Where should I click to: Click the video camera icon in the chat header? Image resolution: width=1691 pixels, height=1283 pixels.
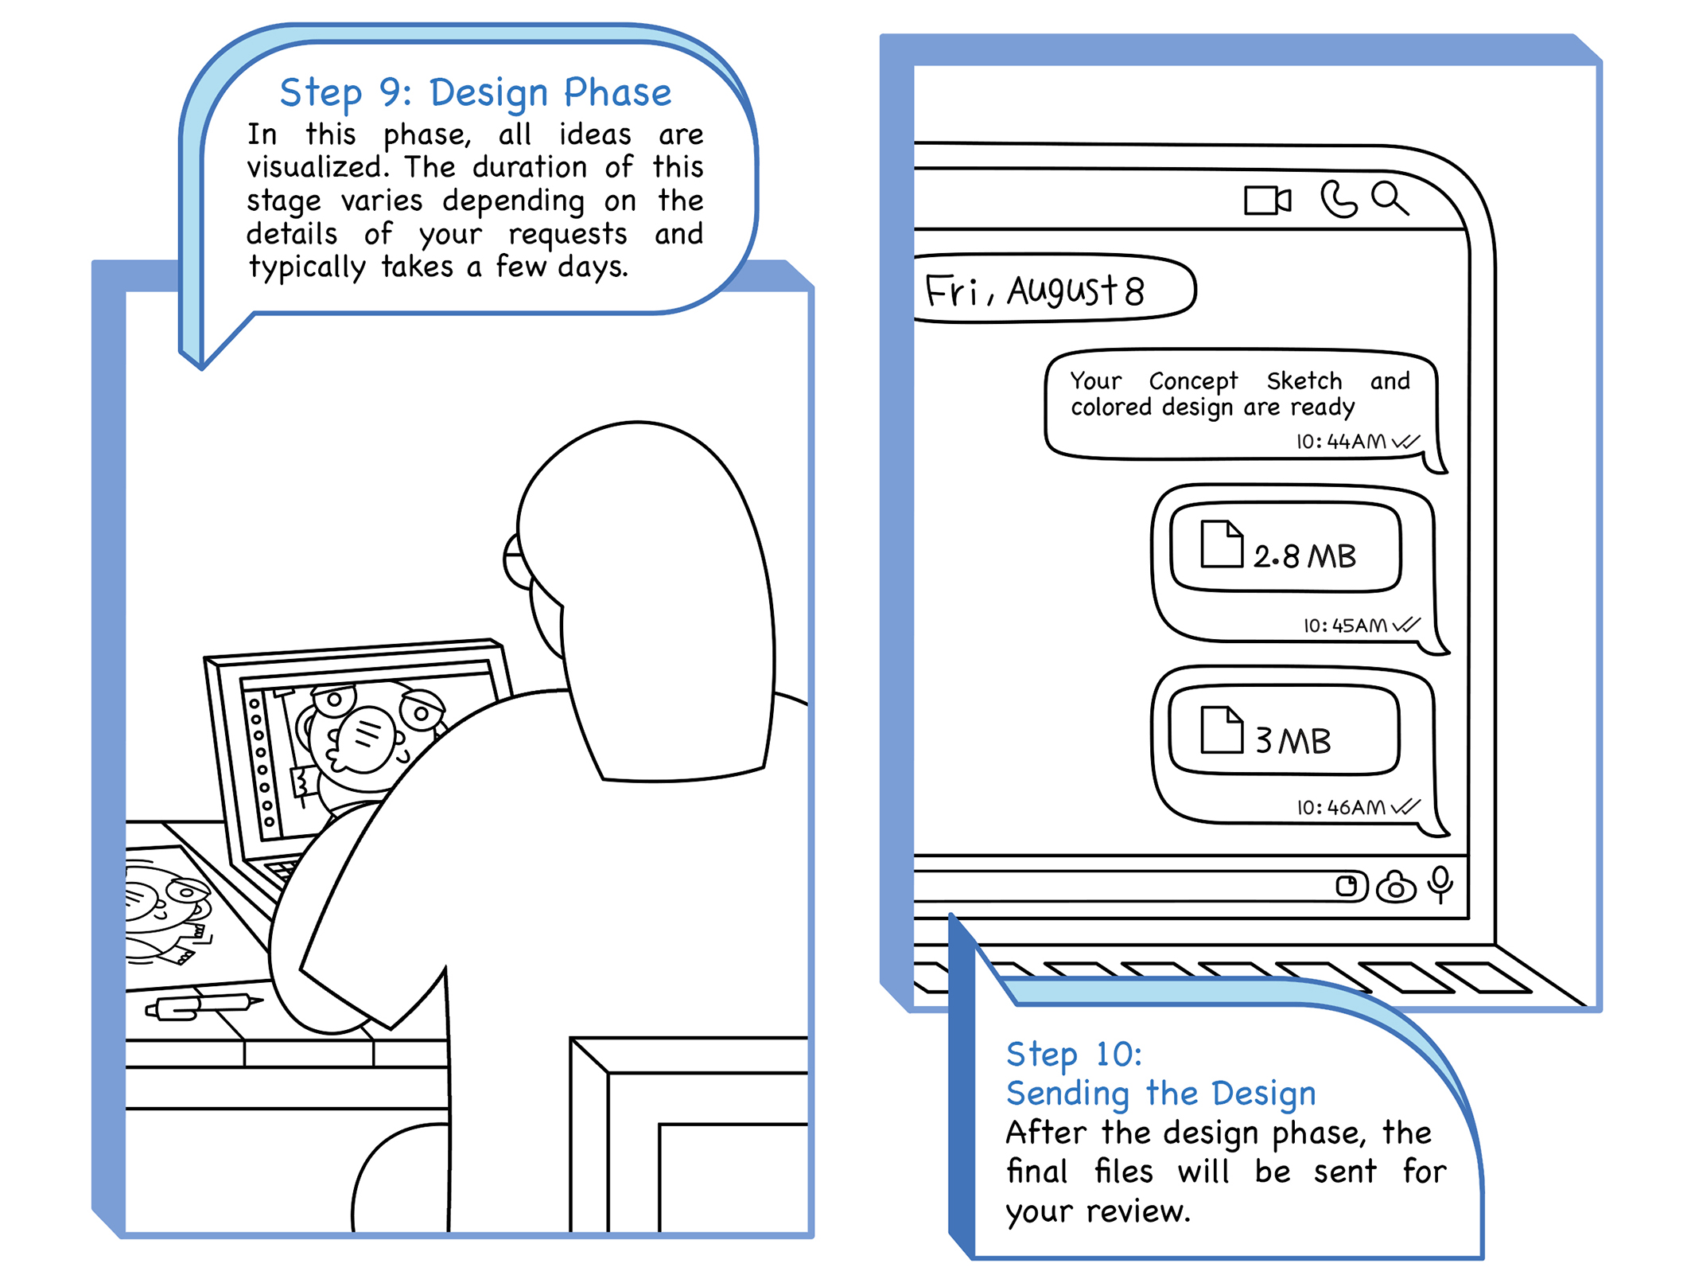click(x=1267, y=200)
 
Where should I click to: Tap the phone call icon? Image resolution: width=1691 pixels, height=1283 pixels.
click(x=1338, y=199)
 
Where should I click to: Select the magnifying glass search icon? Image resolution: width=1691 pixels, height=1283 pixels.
click(x=1390, y=198)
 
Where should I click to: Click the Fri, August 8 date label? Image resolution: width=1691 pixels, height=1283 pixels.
click(x=1034, y=290)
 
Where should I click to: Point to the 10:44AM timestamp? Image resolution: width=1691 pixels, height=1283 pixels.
click(x=1341, y=441)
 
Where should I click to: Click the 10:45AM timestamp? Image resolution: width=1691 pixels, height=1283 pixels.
click(x=1345, y=625)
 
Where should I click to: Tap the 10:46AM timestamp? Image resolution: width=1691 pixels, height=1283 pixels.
click(x=1341, y=807)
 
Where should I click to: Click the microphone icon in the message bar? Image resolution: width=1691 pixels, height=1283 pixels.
click(x=1440, y=884)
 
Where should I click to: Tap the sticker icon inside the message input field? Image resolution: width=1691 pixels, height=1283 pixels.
click(x=1347, y=885)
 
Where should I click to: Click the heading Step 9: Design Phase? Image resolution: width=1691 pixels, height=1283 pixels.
click(x=476, y=94)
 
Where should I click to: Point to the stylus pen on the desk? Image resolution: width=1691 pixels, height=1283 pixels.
click(x=204, y=1006)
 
